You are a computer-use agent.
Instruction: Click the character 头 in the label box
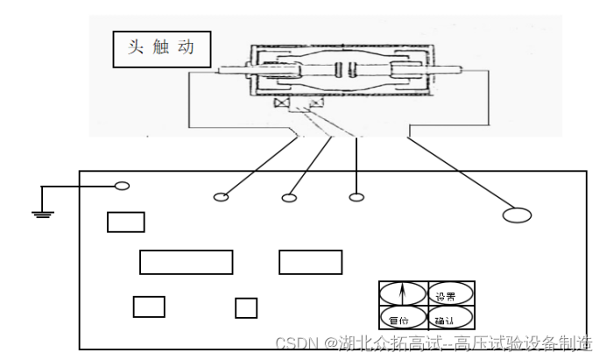click(x=135, y=47)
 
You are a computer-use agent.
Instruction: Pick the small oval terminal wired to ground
click(x=123, y=186)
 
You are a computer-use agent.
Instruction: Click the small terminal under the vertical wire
click(x=356, y=197)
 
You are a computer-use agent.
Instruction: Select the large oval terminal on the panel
click(x=517, y=215)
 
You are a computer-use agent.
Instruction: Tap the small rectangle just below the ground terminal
click(x=125, y=222)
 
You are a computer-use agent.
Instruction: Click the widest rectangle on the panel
click(x=186, y=262)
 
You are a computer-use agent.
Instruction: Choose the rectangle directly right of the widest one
click(x=310, y=262)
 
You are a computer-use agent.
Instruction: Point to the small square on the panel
click(x=246, y=307)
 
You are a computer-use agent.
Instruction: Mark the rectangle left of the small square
click(x=149, y=307)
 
